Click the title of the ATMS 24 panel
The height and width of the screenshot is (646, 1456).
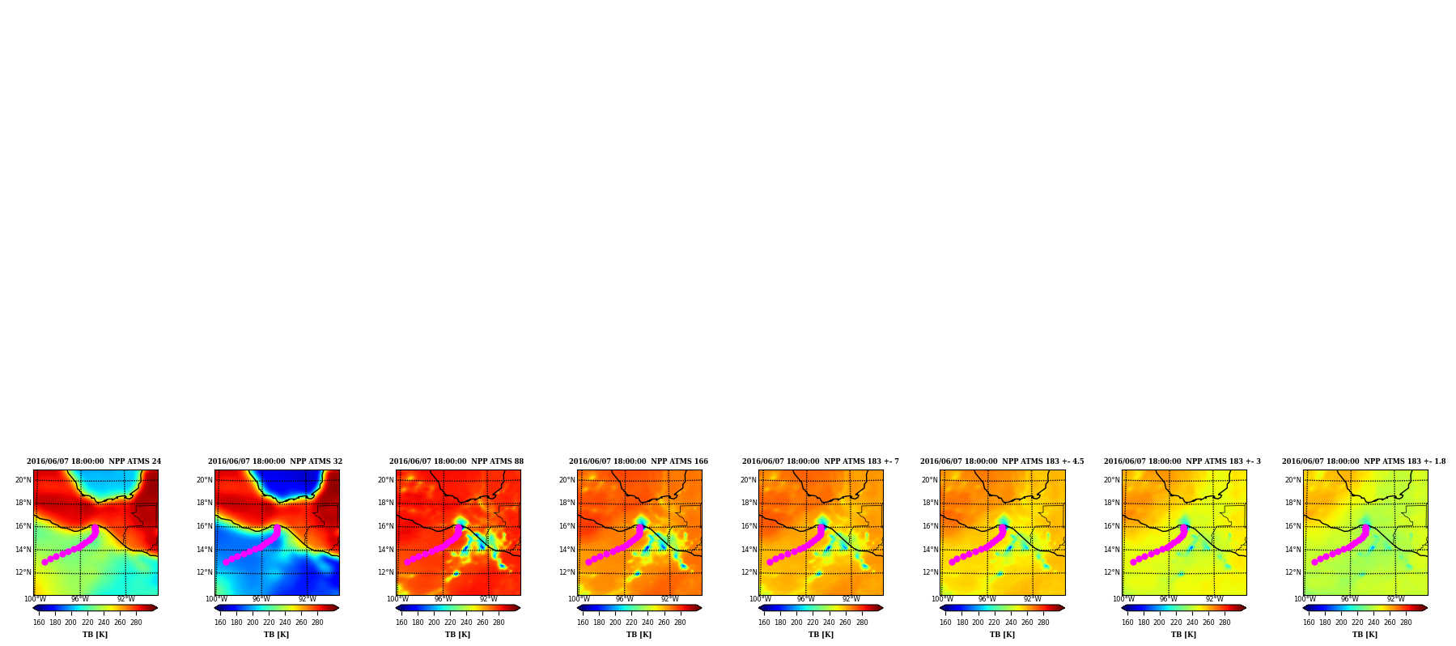click(94, 461)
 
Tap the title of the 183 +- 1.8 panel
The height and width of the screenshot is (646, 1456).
click(1364, 461)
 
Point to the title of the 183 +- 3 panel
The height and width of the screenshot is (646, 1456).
click(1182, 461)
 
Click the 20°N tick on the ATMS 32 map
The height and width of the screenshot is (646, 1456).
click(205, 480)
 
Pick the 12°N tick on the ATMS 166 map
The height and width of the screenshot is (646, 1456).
click(567, 572)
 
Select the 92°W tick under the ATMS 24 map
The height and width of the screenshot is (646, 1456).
click(125, 599)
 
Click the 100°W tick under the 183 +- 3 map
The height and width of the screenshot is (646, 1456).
click(1123, 599)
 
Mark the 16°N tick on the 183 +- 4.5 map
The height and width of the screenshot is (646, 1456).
click(930, 526)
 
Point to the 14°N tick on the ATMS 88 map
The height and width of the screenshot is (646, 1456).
click(386, 550)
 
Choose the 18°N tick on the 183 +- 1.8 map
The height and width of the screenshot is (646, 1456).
click(1293, 503)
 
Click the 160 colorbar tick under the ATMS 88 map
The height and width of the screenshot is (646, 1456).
click(401, 623)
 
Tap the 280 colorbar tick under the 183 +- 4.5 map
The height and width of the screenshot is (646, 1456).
click(1043, 623)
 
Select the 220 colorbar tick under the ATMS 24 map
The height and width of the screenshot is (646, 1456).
click(87, 623)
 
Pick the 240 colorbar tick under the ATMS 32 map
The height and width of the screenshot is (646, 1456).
click(285, 623)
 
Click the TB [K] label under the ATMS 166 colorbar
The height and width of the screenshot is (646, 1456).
click(639, 635)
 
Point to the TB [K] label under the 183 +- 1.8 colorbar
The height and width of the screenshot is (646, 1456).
click(1365, 635)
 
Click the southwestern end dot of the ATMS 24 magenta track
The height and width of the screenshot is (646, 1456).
click(45, 562)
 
